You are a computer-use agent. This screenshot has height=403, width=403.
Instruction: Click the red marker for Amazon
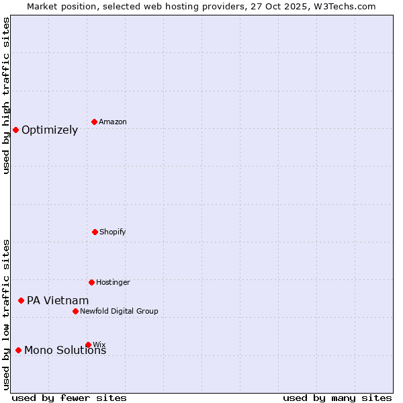coord(95,122)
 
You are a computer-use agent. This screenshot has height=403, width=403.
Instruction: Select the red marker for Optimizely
coord(15,130)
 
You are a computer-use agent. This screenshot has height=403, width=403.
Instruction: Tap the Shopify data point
coord(95,232)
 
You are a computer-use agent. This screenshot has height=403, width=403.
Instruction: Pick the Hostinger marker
coord(91,282)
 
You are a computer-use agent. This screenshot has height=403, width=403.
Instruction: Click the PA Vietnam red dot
coord(21,300)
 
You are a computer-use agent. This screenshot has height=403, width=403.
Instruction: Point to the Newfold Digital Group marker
coord(75,311)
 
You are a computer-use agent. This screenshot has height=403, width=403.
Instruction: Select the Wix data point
coord(88,345)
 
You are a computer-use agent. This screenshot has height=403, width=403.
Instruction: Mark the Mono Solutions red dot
coord(18,350)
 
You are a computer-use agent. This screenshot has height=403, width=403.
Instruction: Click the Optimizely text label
coord(50,130)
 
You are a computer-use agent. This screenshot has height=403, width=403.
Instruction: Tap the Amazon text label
coord(113,122)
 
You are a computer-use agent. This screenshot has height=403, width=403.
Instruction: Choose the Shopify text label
coord(113,232)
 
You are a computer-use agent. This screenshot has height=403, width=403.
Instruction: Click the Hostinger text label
coord(113,282)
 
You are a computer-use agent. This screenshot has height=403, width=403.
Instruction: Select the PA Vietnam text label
coord(58,301)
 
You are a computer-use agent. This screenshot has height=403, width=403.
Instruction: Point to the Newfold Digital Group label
coord(120,311)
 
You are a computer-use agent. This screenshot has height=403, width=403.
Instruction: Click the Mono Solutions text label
coord(65,351)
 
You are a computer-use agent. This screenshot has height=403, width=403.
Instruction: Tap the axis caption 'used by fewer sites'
coord(69,398)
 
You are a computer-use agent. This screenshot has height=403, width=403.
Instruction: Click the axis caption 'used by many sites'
coord(337,398)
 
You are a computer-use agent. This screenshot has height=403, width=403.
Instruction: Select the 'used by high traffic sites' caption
coord(6,95)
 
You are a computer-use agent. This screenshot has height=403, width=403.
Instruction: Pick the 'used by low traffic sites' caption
coord(6,314)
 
